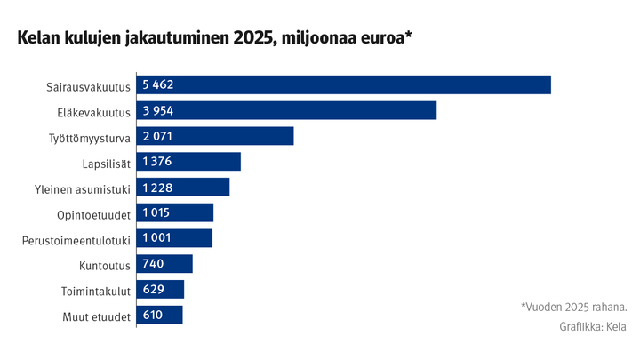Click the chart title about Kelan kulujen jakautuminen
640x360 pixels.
[x=211, y=38]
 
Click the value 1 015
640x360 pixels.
[x=156, y=213]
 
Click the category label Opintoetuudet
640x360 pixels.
[x=93, y=214]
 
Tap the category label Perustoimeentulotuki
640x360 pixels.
[x=76, y=240]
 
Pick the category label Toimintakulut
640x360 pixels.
[x=96, y=291]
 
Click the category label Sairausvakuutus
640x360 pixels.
[x=89, y=86]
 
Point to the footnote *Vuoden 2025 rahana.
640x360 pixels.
[x=573, y=307]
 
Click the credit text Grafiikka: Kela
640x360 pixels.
[x=593, y=326]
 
